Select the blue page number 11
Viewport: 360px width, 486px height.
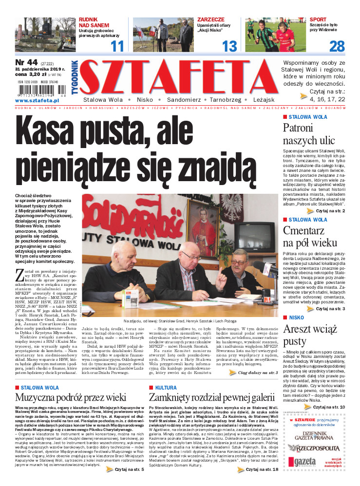tap(116, 47)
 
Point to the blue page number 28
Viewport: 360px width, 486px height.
tap(337, 47)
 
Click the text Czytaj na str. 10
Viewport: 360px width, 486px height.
tap(329, 407)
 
